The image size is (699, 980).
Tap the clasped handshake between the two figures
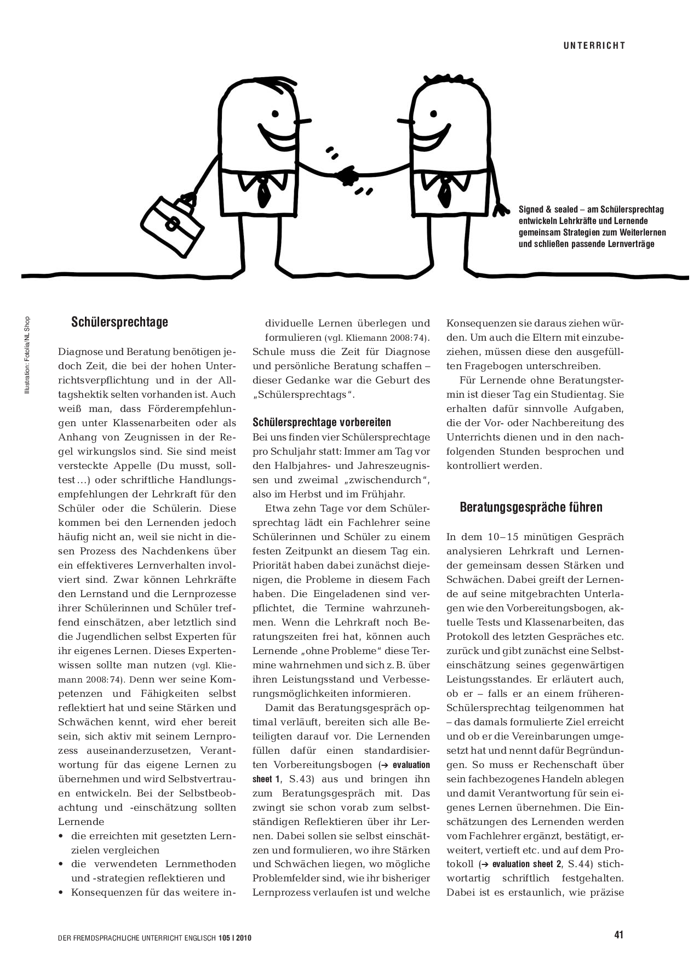tap(347, 176)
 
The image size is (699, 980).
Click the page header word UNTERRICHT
tap(594, 46)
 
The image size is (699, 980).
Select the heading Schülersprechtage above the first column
tap(119, 322)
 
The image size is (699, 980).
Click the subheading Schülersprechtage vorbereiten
tap(322, 422)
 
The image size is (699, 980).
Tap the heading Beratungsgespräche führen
tap(530, 507)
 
